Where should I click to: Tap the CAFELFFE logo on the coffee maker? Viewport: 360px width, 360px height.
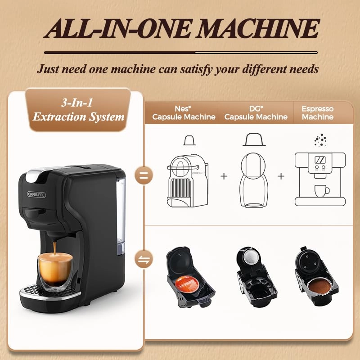pyautogui.click(x=36, y=194)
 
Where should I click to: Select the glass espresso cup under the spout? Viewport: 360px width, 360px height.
pyautogui.click(x=55, y=270)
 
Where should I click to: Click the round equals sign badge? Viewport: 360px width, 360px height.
pyautogui.click(x=144, y=175)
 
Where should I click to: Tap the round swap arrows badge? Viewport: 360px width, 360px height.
pyautogui.click(x=144, y=260)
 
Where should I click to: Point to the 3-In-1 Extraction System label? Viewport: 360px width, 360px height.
pyautogui.click(x=78, y=109)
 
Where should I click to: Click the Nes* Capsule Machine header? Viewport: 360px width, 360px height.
pyautogui.click(x=184, y=113)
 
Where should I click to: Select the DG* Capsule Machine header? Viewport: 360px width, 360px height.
pyautogui.click(x=256, y=113)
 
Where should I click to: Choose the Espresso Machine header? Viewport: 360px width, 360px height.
pyautogui.click(x=318, y=113)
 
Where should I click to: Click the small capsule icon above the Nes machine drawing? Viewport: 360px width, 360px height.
pyautogui.click(x=189, y=140)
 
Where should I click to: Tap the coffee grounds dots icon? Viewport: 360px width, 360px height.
pyautogui.click(x=320, y=140)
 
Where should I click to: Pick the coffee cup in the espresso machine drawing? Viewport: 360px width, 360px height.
pyautogui.click(x=322, y=191)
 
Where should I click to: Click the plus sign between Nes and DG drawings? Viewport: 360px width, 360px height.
pyautogui.click(x=224, y=176)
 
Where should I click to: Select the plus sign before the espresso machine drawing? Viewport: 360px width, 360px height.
pyautogui.click(x=281, y=176)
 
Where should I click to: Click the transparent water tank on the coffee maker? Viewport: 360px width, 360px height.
pyautogui.click(x=121, y=216)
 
